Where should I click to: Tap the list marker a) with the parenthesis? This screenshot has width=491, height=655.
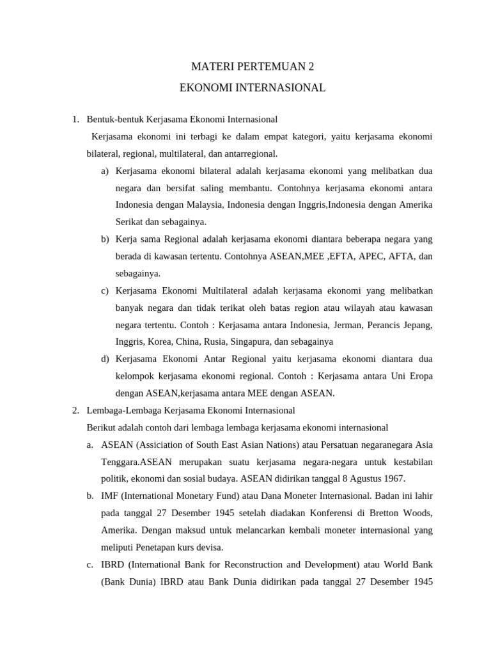click(105, 171)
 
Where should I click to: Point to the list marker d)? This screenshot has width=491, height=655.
click(105, 358)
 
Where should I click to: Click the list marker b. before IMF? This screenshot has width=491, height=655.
click(90, 496)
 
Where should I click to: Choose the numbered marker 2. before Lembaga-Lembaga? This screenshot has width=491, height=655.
click(75, 410)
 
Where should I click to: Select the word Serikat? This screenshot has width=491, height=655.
click(130, 222)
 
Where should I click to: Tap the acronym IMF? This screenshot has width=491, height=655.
click(110, 496)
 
